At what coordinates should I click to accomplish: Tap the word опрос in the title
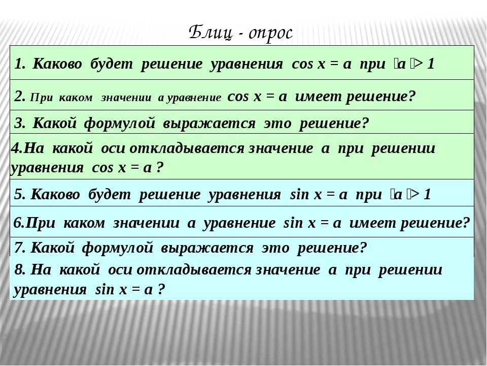270,34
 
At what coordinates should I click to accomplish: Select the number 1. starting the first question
20,64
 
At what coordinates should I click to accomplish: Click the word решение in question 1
171,65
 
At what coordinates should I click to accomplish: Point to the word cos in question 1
302,65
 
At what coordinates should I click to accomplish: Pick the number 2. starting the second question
20,97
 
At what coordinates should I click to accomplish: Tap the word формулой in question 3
120,124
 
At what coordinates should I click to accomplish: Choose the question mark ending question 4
160,168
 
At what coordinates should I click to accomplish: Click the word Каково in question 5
55,195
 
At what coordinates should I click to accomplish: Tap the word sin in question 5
299,195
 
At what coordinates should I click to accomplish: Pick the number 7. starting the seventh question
20,248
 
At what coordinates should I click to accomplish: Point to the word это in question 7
275,249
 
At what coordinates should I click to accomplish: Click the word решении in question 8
410,270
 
